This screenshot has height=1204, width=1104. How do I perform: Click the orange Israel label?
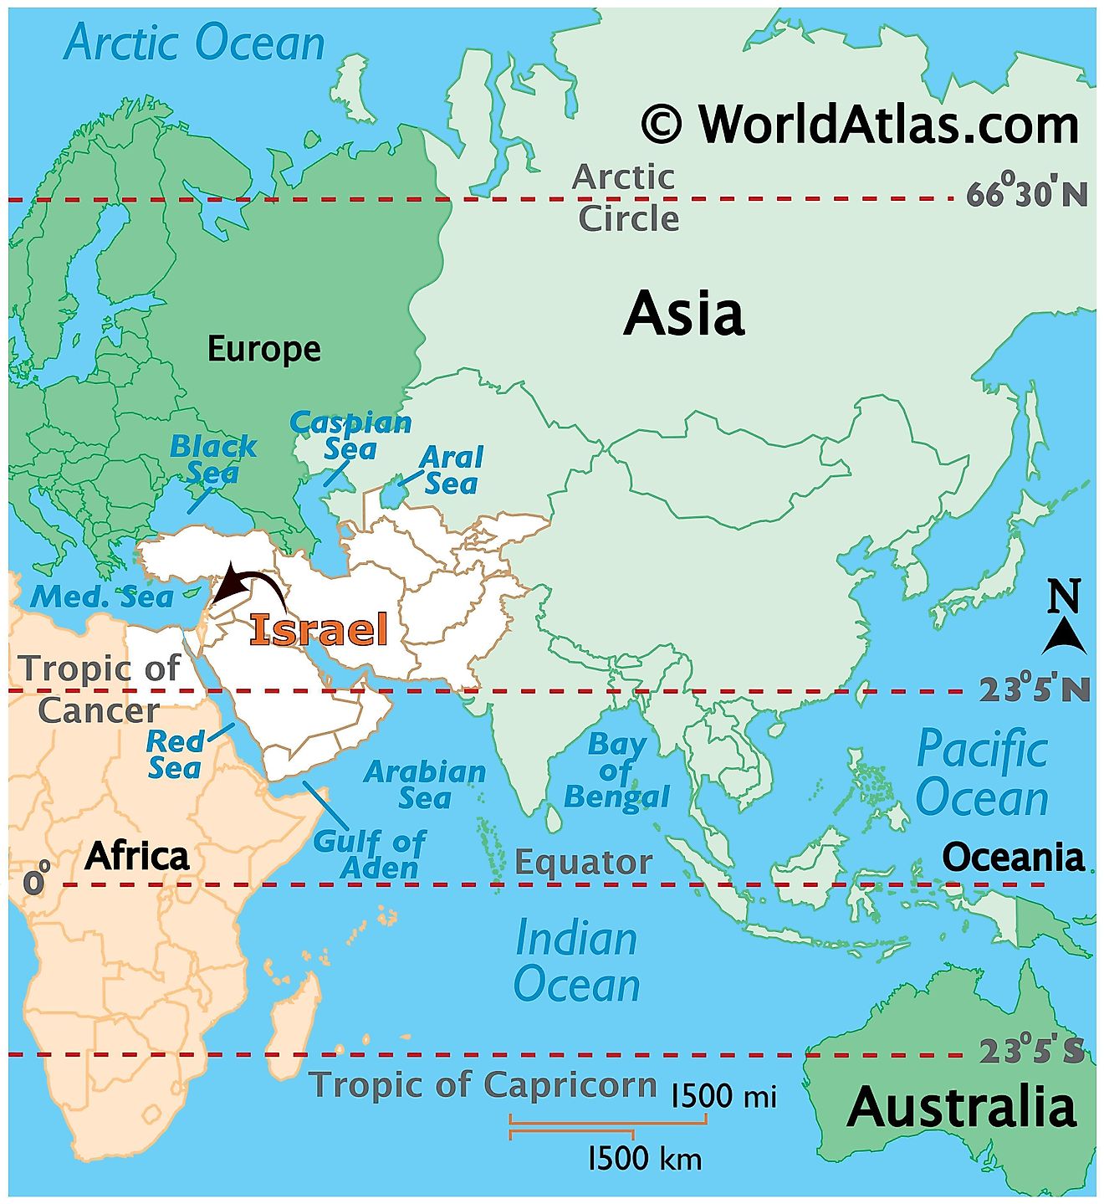(319, 629)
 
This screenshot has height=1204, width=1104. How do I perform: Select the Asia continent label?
(683, 314)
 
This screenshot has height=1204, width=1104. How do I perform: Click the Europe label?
(263, 349)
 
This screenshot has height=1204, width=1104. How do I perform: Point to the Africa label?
(137, 856)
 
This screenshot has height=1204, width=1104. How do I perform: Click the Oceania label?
(1013, 857)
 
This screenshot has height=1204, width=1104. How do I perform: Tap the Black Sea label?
(212, 459)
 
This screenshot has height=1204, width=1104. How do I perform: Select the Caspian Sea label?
(350, 435)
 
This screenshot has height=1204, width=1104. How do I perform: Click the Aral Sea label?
(451, 470)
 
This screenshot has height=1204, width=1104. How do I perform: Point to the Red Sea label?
(175, 754)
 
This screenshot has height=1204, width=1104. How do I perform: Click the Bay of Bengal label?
(616, 771)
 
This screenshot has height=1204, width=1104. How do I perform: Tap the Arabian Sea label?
(425, 784)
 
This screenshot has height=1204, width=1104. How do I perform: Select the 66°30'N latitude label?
(1027, 194)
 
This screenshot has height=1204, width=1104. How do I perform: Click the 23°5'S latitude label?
(1031, 1051)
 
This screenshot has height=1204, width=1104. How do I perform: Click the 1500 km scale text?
(645, 1159)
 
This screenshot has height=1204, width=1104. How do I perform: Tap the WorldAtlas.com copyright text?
(861, 125)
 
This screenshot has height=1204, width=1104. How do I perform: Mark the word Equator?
(583, 862)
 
